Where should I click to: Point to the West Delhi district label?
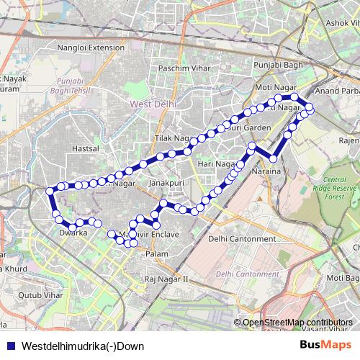point(152,104)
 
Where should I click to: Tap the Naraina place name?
point(266,173)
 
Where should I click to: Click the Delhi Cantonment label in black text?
point(237,238)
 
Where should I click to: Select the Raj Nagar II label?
point(166,278)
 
